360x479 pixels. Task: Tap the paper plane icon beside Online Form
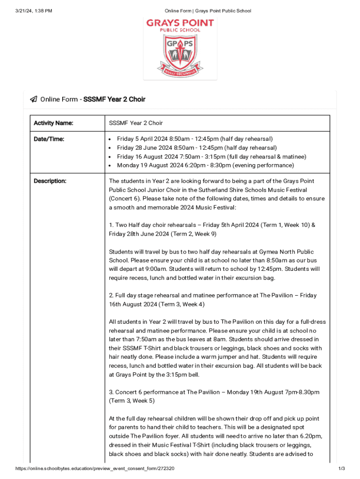34,99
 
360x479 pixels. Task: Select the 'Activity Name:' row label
53,123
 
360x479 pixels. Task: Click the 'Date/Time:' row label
49,139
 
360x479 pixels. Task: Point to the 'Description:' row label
50,181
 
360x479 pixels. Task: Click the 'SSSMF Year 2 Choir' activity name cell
136,123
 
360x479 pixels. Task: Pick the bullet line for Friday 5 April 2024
194,139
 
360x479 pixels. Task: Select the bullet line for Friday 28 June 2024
196,148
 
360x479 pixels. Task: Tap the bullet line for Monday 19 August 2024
205,166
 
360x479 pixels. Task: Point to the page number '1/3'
341,469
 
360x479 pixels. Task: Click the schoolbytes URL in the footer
95,469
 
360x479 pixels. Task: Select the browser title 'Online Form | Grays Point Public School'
201,11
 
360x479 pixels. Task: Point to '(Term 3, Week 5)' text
131,401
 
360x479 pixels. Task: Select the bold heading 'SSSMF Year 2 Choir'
114,99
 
